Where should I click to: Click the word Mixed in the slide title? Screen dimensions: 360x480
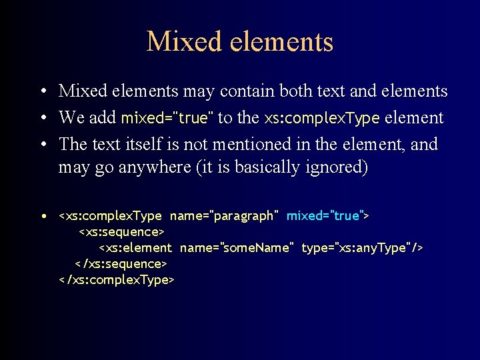tap(179, 41)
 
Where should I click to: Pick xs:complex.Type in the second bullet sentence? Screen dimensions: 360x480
tap(321, 118)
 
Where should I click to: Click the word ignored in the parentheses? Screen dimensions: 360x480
tap(331, 167)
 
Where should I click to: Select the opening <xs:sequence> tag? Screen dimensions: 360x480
tap(122, 232)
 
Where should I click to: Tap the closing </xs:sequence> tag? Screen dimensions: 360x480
tap(120, 264)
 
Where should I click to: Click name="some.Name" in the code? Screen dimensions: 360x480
tap(237, 248)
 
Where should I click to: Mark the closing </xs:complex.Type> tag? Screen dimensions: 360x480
tap(117, 280)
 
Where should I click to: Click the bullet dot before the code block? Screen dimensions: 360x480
tap(42, 216)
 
